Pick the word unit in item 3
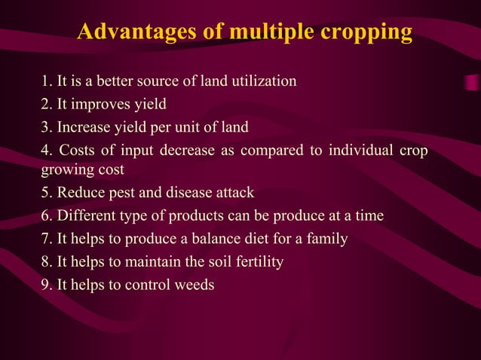click(193, 126)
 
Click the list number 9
click(47, 285)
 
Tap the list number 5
click(47, 194)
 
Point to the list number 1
click(46, 81)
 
